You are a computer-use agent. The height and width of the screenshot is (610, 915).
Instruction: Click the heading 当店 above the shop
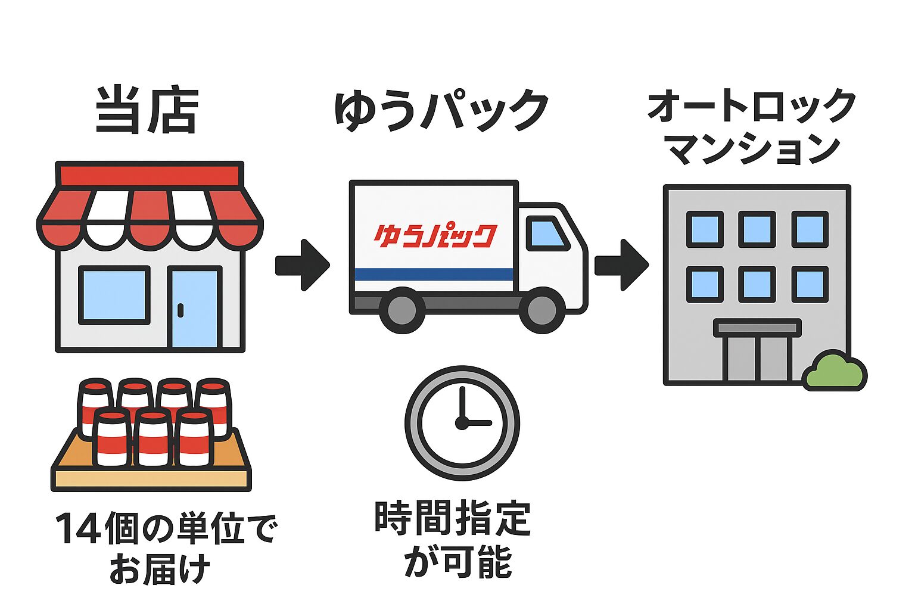click(x=147, y=110)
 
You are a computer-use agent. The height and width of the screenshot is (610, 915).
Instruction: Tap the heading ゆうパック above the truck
click(x=441, y=110)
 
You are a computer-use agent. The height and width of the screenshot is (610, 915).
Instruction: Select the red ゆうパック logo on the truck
click(x=435, y=236)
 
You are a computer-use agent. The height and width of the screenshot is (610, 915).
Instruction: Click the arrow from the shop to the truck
click(x=302, y=265)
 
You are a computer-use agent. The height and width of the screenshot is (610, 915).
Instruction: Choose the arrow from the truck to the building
click(x=621, y=265)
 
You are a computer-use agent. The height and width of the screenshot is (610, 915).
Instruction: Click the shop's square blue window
click(x=114, y=295)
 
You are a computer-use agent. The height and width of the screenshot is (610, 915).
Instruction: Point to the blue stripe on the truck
click(x=434, y=275)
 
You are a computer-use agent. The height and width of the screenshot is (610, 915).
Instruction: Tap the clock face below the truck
click(x=462, y=423)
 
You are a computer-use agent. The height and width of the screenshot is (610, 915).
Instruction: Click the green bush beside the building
click(x=834, y=372)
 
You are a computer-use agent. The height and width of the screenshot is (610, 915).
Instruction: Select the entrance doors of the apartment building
click(x=757, y=357)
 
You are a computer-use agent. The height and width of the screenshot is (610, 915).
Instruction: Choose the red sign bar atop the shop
click(x=150, y=175)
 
